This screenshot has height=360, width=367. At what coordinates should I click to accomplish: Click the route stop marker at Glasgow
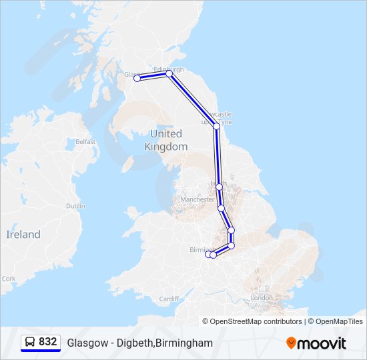pyautogui.click(x=137, y=78)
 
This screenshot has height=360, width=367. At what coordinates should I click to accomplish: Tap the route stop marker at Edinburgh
pyautogui.click(x=169, y=74)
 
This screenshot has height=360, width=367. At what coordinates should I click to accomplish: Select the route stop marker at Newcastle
pyautogui.click(x=216, y=125)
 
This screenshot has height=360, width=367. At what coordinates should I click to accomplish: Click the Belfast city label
pyautogui.click(x=85, y=142)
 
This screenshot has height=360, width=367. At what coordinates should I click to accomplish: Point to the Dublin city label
pyautogui.click(x=75, y=206)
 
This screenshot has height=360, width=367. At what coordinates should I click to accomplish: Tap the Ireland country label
pyautogui.click(x=23, y=235)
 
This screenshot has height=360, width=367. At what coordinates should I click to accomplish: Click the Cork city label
pyautogui.click(x=9, y=279)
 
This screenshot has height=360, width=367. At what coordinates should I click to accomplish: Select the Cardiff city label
pyautogui.click(x=169, y=299)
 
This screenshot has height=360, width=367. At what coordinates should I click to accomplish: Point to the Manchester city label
pyautogui.click(x=197, y=199)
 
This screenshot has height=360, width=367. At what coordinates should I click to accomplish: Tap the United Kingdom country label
pyautogui.click(x=166, y=140)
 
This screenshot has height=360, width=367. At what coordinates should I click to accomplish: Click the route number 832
pyautogui.click(x=47, y=342)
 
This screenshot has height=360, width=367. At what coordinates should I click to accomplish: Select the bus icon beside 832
pyautogui.click(x=30, y=342)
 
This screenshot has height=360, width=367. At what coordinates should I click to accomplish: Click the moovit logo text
pyautogui.click(x=322, y=343)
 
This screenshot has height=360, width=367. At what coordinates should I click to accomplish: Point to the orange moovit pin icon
pyautogui.click(x=291, y=343)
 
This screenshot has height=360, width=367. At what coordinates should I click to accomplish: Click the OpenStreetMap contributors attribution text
pyautogui.click(x=256, y=321)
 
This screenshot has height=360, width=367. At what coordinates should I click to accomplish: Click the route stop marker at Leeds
pyautogui.click(x=219, y=187)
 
